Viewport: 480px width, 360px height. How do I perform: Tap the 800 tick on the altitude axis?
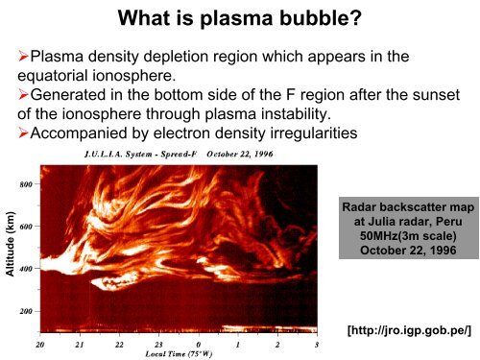[26, 181]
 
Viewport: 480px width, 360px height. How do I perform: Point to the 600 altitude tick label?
[26, 227]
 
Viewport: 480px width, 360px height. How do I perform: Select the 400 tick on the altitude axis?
[26, 269]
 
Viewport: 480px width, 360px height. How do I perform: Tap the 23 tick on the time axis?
[158, 344]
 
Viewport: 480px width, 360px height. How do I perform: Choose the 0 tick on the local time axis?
[199, 344]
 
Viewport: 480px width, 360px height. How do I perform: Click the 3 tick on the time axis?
[317, 344]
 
